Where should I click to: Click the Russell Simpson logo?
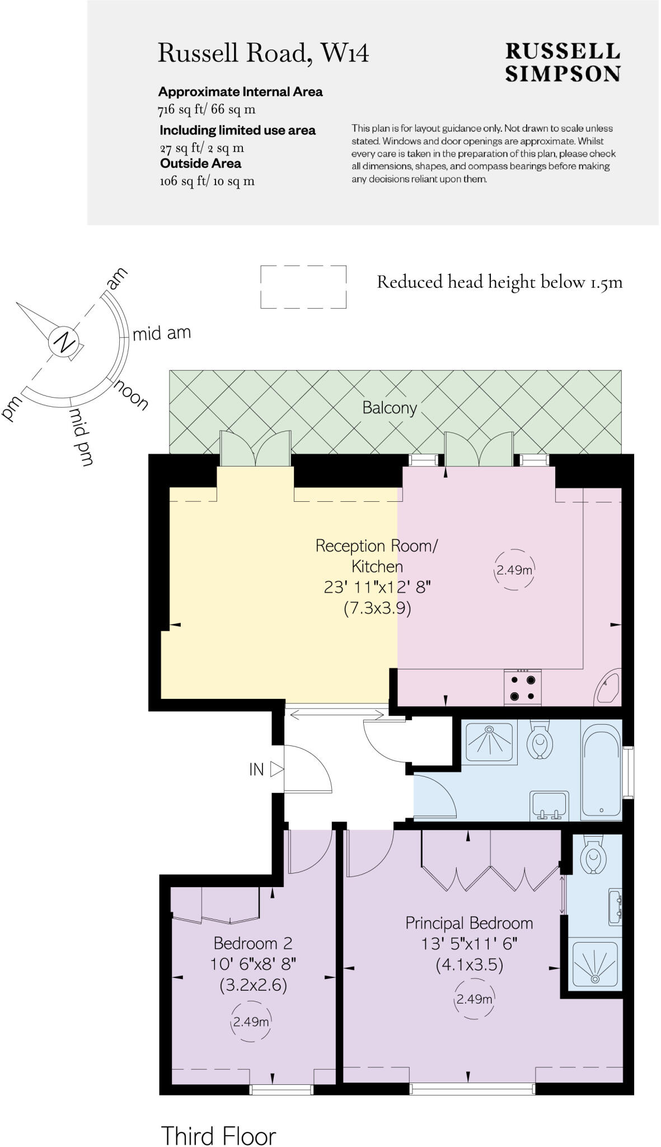pos(562,63)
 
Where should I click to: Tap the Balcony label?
pos(390,408)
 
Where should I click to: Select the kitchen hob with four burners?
pos(523,688)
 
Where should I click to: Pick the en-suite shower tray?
pos(595,963)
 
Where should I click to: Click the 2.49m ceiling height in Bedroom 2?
pos(251,1022)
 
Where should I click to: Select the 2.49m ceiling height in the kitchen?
pos(514,570)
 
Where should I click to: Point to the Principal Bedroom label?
pos(469,923)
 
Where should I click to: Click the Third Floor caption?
pos(219,1121)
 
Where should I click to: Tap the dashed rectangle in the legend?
pos(303,287)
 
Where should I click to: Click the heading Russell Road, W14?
pos(263,54)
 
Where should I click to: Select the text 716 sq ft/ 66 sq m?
pos(207,110)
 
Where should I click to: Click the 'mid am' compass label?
pos(162,333)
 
